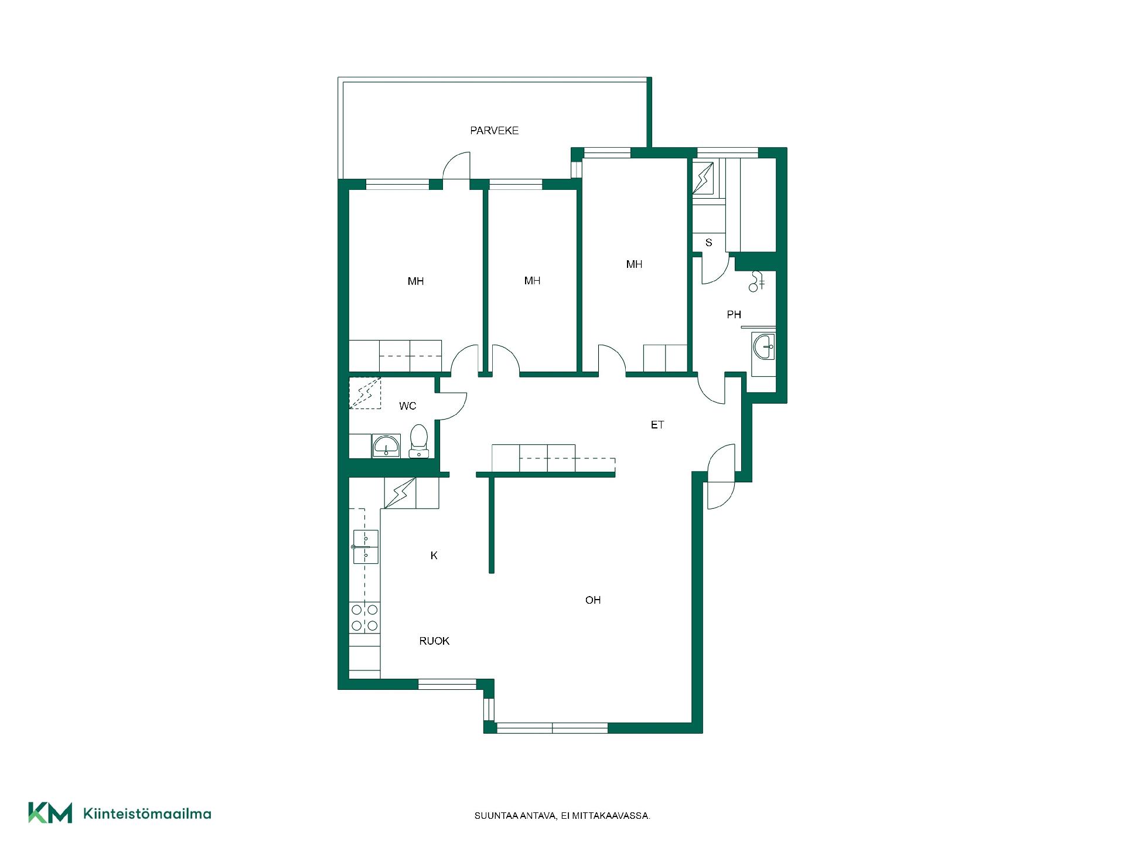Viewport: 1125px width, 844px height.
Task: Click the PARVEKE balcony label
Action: tap(494, 131)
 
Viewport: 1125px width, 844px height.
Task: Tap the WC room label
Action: tap(408, 406)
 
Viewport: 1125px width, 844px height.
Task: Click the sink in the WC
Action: tap(386, 446)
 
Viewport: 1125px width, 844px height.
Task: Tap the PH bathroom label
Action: tap(734, 315)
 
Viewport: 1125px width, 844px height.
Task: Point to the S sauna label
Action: tap(708, 243)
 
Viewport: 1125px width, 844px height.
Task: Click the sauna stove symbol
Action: tap(703, 177)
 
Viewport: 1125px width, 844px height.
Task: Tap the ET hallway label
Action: tap(657, 425)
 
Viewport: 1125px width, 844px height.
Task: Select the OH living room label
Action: tap(593, 600)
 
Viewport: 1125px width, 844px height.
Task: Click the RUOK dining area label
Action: tap(434, 641)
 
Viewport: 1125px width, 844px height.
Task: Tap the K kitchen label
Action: tap(434, 556)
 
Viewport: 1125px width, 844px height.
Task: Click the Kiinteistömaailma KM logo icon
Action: tap(50, 813)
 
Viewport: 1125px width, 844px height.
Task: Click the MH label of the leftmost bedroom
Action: tap(415, 282)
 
